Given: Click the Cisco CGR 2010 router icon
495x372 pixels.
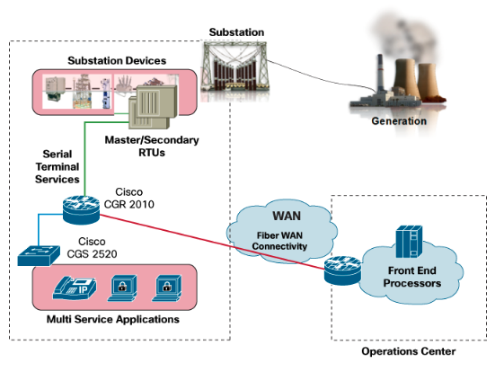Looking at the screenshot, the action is coord(82,209).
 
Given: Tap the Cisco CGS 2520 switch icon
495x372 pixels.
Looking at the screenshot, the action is coord(39,255).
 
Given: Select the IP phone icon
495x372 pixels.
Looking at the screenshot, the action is coord(75,288).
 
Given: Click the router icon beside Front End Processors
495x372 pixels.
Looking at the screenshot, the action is coord(343,270).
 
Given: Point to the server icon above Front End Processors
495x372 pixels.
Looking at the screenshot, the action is coord(409,242).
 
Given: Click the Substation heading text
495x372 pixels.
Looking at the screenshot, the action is coord(236,32).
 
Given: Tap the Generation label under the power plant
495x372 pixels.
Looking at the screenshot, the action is coord(399,121).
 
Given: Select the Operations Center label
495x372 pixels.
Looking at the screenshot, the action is coord(409,351).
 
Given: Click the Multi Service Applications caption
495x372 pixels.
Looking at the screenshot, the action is coord(113,319).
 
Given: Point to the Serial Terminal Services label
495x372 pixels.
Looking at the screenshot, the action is coord(57,166).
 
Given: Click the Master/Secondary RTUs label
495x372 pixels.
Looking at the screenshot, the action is coord(152,146).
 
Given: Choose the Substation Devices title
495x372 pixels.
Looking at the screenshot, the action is coord(117,60).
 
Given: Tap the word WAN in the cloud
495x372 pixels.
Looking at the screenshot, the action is coord(287,216).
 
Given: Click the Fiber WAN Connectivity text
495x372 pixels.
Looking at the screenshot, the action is coord(279,241).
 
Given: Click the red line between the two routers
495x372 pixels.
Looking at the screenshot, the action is coord(212,242).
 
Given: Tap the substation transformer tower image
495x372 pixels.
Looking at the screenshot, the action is coord(235,67).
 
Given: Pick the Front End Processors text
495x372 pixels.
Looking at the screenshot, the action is coord(412,277).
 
